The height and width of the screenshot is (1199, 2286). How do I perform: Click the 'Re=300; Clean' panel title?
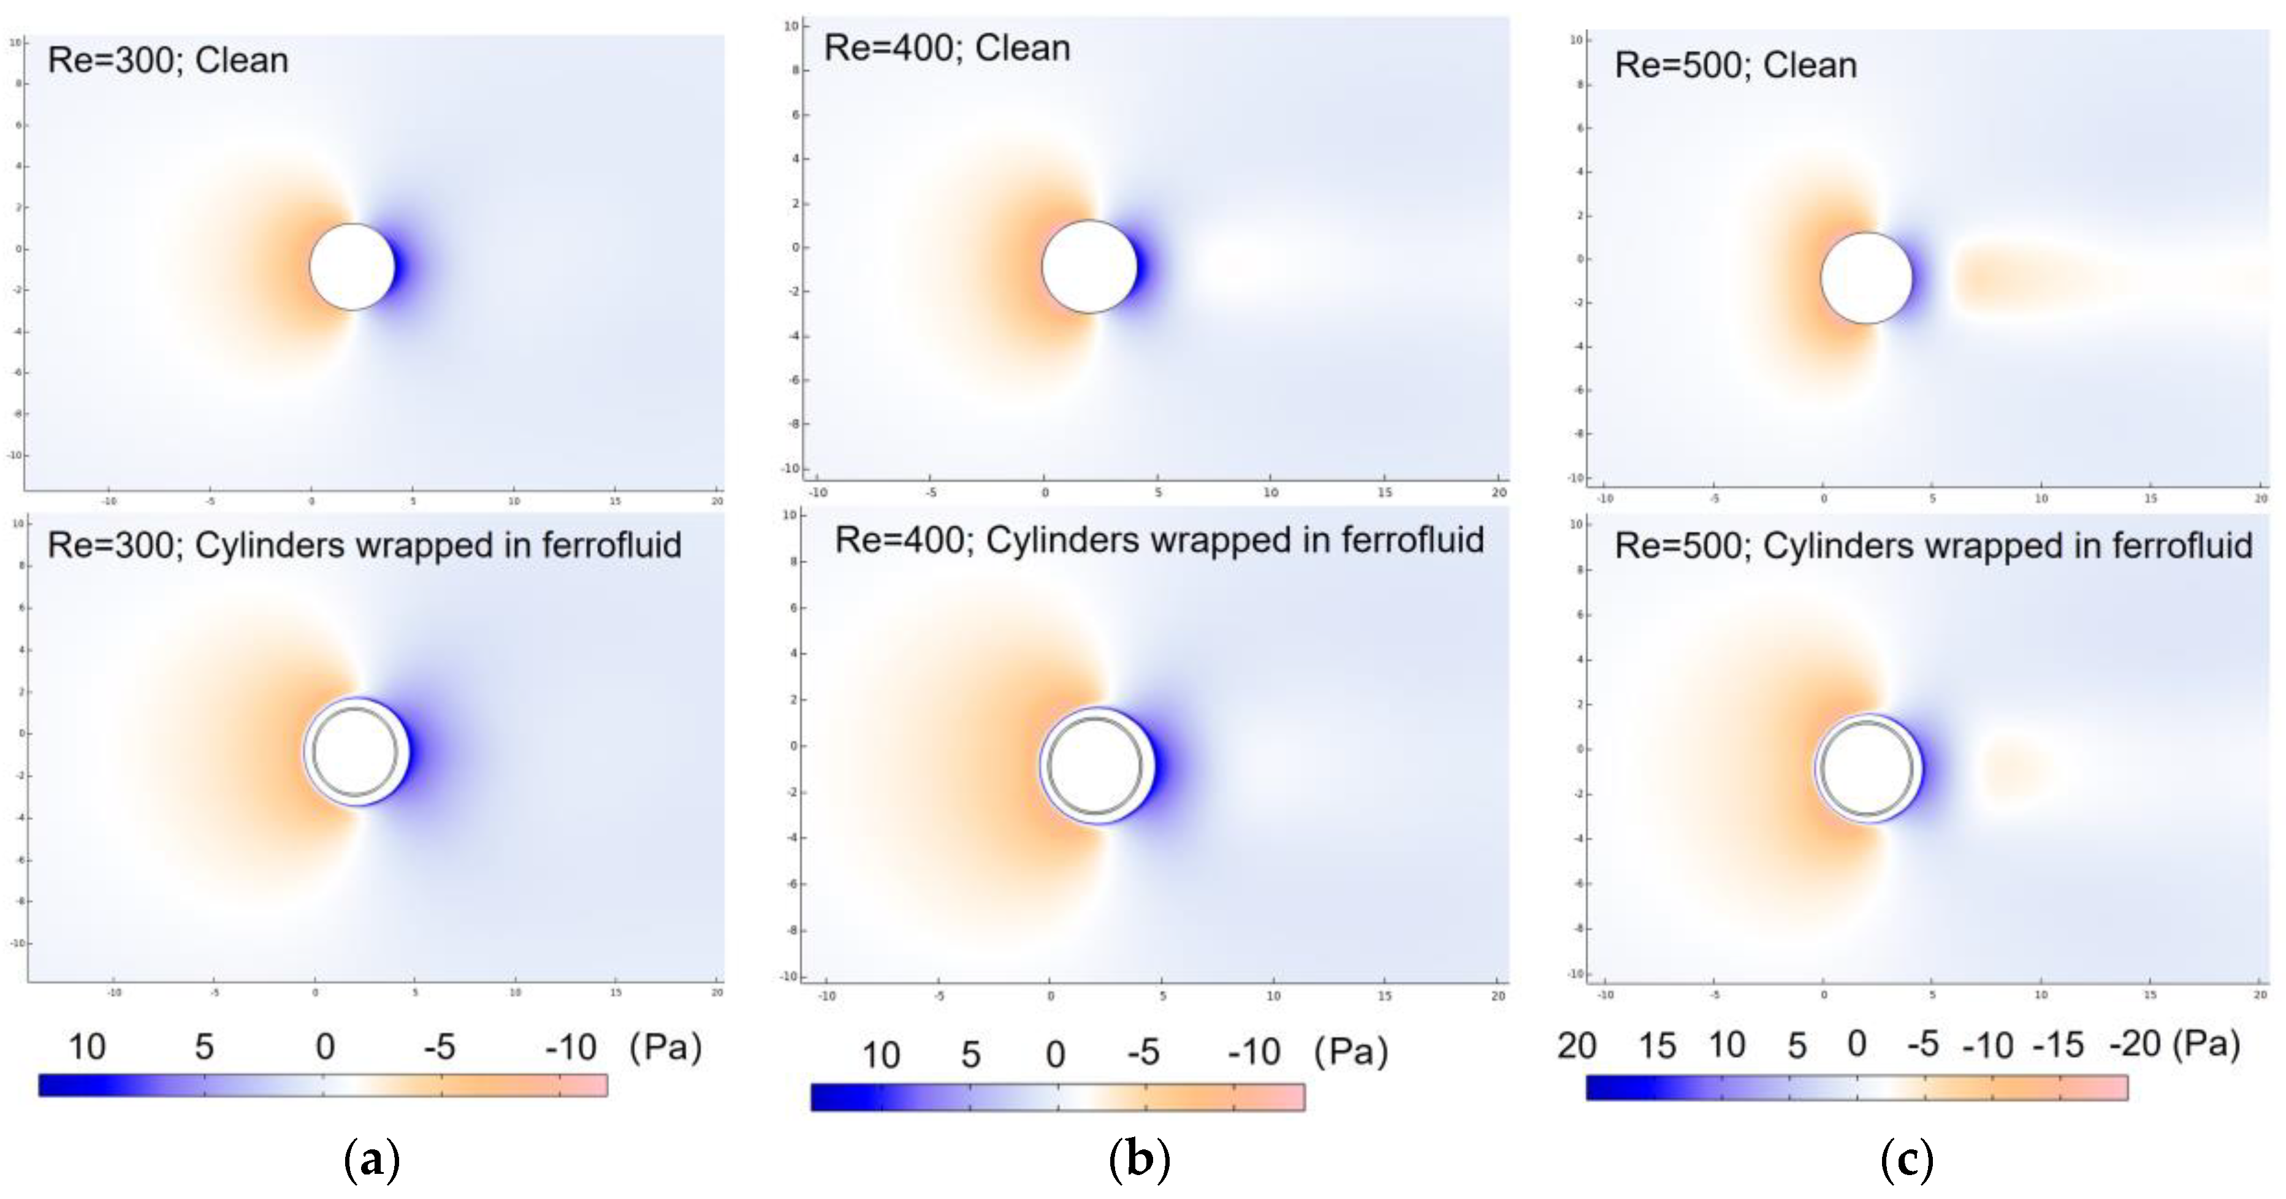coord(168,60)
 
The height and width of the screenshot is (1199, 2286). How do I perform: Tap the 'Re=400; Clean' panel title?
coord(947,48)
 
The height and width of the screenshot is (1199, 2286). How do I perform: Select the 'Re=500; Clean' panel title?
coord(1735,65)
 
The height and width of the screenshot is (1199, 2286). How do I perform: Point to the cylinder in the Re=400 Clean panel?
coord(1089,266)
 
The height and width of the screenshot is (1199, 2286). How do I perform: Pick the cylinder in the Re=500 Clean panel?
coord(1866,278)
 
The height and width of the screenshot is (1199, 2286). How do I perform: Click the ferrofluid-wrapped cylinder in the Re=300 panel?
coord(355,752)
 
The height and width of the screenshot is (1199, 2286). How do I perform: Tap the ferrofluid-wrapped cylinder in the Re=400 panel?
coord(1094,765)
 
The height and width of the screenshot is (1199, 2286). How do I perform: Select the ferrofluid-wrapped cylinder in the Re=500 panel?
coord(1867,769)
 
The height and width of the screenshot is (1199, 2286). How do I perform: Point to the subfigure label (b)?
coord(1140,1159)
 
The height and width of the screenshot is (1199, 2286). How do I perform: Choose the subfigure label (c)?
coord(1906,1159)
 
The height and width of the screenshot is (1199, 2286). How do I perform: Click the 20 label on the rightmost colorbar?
coord(1576,1046)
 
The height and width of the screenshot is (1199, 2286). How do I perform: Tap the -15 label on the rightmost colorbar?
coord(2058,1046)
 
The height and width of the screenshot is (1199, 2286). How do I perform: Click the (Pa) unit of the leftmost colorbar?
coord(666,1047)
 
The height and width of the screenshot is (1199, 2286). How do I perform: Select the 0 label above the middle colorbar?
coord(1055,1054)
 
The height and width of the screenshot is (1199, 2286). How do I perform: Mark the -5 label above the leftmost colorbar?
coord(440,1047)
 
